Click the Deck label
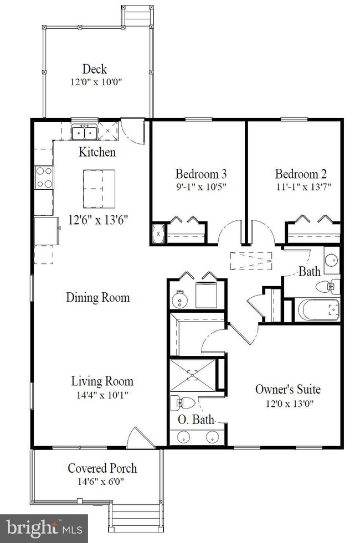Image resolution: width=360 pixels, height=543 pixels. tap(94, 69)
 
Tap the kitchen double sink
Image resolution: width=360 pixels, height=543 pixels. tap(84, 132)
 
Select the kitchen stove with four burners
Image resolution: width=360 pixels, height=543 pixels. tap(44, 177)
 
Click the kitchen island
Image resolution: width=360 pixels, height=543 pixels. tap(99, 189)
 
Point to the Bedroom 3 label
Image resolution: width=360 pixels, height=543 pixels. tap(200, 173)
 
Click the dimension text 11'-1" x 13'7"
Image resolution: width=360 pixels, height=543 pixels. tap(304, 187)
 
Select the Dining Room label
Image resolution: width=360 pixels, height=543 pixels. tap(97, 297)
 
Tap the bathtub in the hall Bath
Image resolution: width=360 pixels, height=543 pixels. tap(318, 309)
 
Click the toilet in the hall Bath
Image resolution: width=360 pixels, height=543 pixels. tap(327, 286)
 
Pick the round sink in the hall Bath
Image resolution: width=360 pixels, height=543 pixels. tap(332, 260)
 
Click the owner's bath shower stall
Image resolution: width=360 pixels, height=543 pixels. tap(193, 375)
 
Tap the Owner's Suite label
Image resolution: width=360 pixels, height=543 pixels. tap(287, 389)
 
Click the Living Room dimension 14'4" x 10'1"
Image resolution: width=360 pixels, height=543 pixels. tap(102, 395)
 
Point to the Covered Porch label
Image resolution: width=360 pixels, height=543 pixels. tap(102, 468)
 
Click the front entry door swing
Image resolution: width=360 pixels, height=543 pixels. tap(140, 438)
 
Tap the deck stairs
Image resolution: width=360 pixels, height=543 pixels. tap(137, 15)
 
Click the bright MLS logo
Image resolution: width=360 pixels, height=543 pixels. tap(44, 529)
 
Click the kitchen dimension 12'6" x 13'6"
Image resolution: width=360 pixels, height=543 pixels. tap(99, 220)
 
